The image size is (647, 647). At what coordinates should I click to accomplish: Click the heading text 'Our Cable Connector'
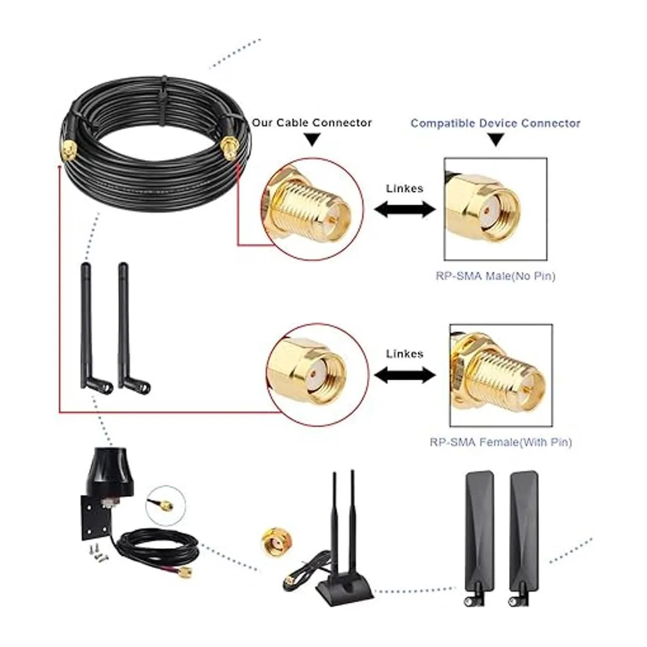tap(312, 123)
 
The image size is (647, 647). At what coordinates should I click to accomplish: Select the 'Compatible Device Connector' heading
tap(495, 123)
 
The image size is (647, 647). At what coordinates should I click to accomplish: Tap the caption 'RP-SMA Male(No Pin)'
tap(495, 277)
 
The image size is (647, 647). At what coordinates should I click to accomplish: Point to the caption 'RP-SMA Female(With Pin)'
tap(500, 443)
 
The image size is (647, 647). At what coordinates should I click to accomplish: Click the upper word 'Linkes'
tap(404, 189)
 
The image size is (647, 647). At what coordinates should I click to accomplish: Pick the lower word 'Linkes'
tap(404, 354)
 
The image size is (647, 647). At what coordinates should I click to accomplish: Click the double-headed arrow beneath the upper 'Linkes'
tap(404, 210)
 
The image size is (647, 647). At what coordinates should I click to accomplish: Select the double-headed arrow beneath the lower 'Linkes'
tap(404, 375)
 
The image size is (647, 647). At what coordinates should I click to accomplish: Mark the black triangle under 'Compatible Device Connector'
tap(495, 141)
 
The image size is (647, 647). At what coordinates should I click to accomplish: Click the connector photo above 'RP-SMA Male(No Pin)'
tap(495, 208)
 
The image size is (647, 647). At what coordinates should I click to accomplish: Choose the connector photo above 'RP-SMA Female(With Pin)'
tap(500, 375)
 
